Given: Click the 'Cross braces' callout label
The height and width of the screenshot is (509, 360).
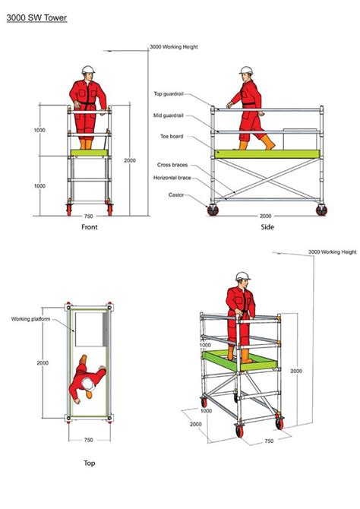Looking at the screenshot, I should tap(172, 164).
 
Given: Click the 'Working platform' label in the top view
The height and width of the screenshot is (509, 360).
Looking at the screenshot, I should tap(30, 319).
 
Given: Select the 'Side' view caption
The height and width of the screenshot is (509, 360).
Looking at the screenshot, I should tap(267, 226).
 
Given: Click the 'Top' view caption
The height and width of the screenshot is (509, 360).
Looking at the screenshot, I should tap(90, 462).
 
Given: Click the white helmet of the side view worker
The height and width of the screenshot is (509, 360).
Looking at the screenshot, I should tap(245, 71).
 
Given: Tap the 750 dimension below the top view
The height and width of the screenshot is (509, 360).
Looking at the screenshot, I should tap(88, 439).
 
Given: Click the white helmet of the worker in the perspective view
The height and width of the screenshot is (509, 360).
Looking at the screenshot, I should tap(242, 277).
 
